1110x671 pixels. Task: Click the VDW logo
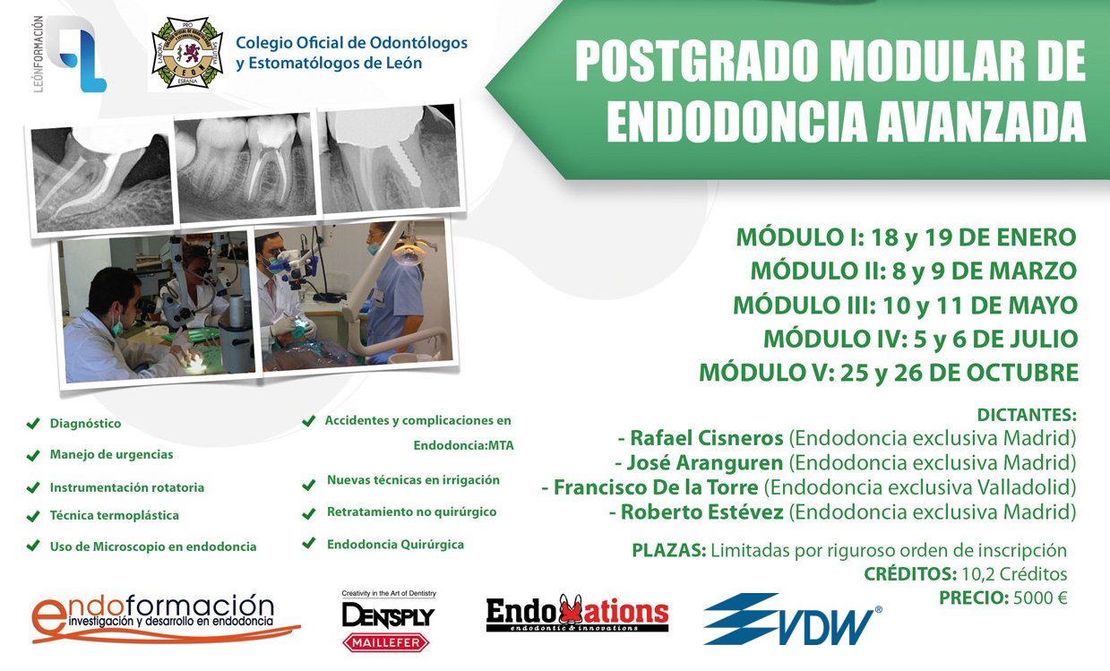point(793,619)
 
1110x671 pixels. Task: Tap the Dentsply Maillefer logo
point(388,622)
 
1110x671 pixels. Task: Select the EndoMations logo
point(577,614)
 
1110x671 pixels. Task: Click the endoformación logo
point(166,618)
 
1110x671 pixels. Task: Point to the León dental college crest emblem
point(187,53)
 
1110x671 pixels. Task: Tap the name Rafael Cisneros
point(707,438)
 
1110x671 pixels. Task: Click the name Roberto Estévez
point(702,512)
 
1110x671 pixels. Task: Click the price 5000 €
point(1040,598)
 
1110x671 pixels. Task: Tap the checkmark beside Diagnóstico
point(33,423)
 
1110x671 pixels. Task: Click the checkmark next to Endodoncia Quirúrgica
point(309,544)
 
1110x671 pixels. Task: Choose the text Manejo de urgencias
point(111,454)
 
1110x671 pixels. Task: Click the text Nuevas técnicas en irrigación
point(413,479)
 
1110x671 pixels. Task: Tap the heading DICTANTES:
point(1027,415)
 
